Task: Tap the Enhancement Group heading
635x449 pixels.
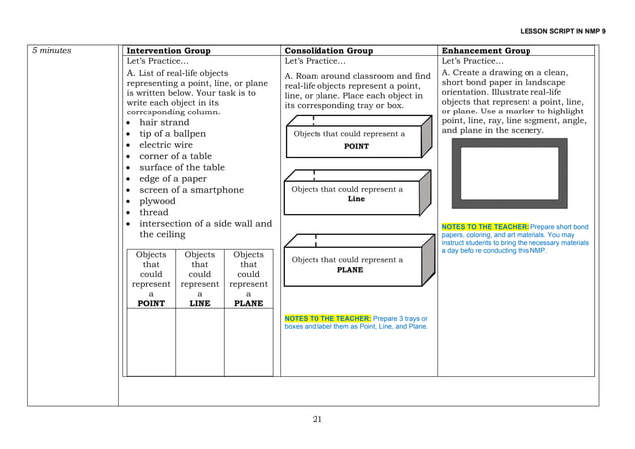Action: (486, 50)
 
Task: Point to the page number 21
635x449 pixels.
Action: (317, 419)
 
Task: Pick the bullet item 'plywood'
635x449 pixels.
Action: (158, 200)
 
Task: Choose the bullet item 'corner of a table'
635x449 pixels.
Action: (175, 156)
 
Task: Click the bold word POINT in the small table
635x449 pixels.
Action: (150, 304)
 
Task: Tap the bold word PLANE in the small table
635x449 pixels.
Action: (248, 304)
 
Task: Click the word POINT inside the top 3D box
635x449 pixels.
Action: (355, 146)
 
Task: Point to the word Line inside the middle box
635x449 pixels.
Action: (355, 198)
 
